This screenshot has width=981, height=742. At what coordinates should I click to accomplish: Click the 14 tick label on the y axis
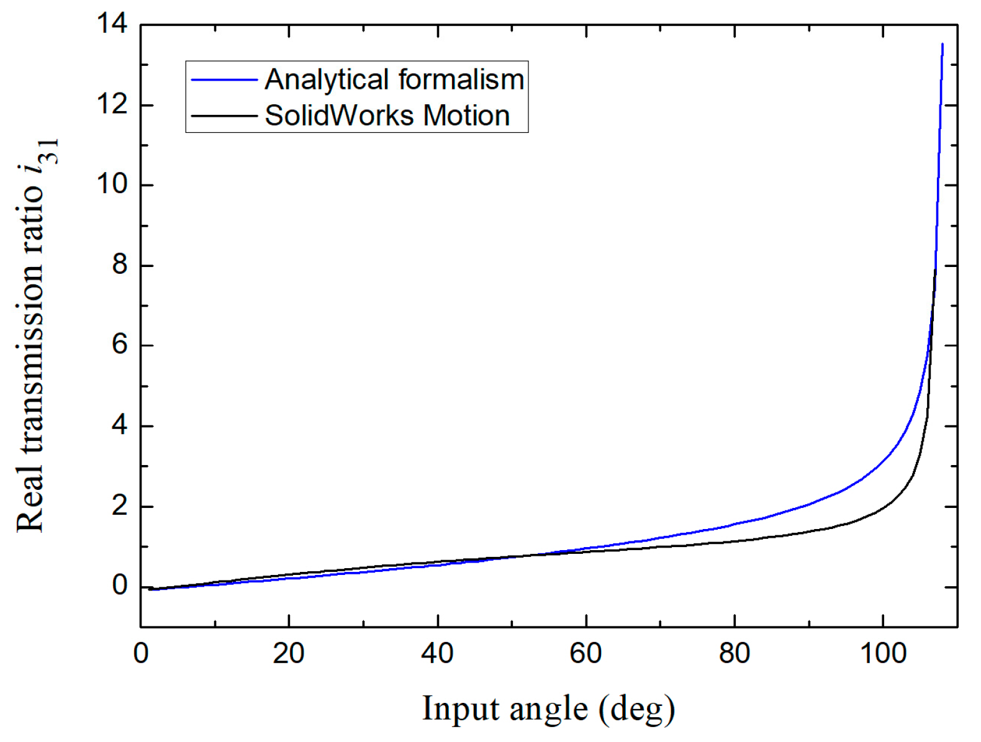pyautogui.click(x=112, y=24)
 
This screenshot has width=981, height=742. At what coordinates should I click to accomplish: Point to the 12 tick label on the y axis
pyautogui.click(x=112, y=104)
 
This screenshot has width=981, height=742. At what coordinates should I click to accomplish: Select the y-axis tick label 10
pyautogui.click(x=112, y=184)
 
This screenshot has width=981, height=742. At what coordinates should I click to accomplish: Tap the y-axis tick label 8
pyautogui.click(x=119, y=265)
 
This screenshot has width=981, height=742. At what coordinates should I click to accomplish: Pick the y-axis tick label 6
pyautogui.click(x=119, y=345)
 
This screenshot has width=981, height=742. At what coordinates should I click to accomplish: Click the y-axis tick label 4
pyautogui.click(x=119, y=425)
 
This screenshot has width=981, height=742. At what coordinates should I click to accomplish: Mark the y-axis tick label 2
pyautogui.click(x=119, y=506)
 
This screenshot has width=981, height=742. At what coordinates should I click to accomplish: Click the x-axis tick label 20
pyautogui.click(x=289, y=653)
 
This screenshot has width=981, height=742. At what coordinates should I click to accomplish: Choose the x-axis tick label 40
pyautogui.click(x=438, y=653)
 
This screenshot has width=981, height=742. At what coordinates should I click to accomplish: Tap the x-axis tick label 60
pyautogui.click(x=586, y=653)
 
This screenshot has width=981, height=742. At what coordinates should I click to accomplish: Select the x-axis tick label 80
pyautogui.click(x=735, y=653)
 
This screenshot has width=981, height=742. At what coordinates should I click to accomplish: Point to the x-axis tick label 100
pyautogui.click(x=883, y=653)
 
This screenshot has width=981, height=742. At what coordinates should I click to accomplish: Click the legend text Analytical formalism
pyautogui.click(x=394, y=79)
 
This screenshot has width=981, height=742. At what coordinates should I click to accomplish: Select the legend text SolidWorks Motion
pyautogui.click(x=387, y=115)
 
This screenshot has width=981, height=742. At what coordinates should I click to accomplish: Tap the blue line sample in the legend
pyautogui.click(x=224, y=80)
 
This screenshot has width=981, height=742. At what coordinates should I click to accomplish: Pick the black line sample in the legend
pyautogui.click(x=224, y=116)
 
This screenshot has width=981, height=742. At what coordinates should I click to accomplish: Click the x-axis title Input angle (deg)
pyautogui.click(x=549, y=709)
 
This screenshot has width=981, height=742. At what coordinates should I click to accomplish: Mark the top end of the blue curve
pyautogui.click(x=943, y=44)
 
